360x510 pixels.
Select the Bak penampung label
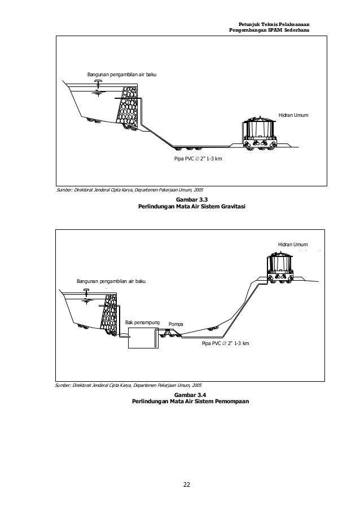point(142,322)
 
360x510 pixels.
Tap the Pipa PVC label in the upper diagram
point(197,159)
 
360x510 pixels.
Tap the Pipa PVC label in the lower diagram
point(225,343)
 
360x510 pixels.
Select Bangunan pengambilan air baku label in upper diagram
point(121,75)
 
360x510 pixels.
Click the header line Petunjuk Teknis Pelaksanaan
point(274,23)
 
